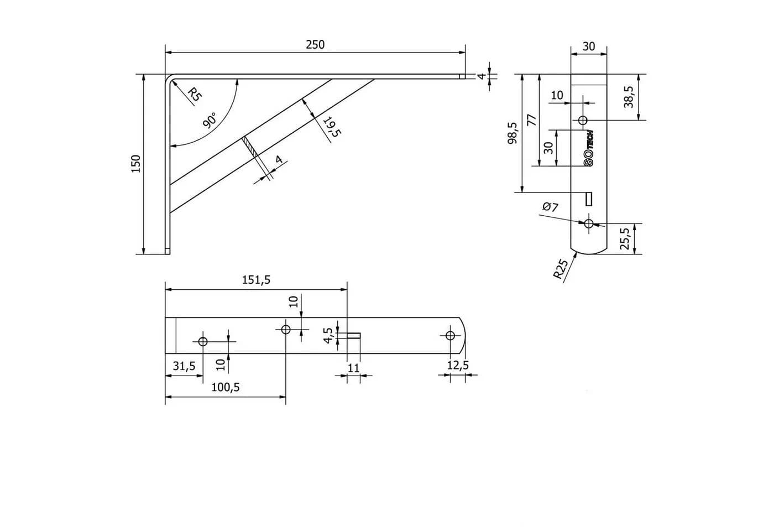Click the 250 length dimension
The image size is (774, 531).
click(315, 45)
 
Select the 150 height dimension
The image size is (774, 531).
click(136, 164)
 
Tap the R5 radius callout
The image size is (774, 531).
click(194, 94)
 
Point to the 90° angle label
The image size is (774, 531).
click(210, 121)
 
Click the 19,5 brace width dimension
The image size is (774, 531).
click(332, 127)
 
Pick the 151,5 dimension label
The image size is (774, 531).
click(256, 280)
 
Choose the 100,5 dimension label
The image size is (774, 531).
click(226, 387)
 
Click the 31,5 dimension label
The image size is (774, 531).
click(184, 366)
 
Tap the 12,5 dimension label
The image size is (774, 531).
click(458, 365)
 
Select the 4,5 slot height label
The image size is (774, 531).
click(328, 335)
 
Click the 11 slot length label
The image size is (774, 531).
click(353, 368)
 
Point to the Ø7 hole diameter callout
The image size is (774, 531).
click(551, 207)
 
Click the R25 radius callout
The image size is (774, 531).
click(561, 269)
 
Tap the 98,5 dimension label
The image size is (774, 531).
click(513, 133)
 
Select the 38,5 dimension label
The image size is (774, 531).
click(629, 97)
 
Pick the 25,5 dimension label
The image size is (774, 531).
click(625, 238)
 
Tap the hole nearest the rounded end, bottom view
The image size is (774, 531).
click(450, 335)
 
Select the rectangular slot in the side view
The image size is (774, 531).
click(588, 199)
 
